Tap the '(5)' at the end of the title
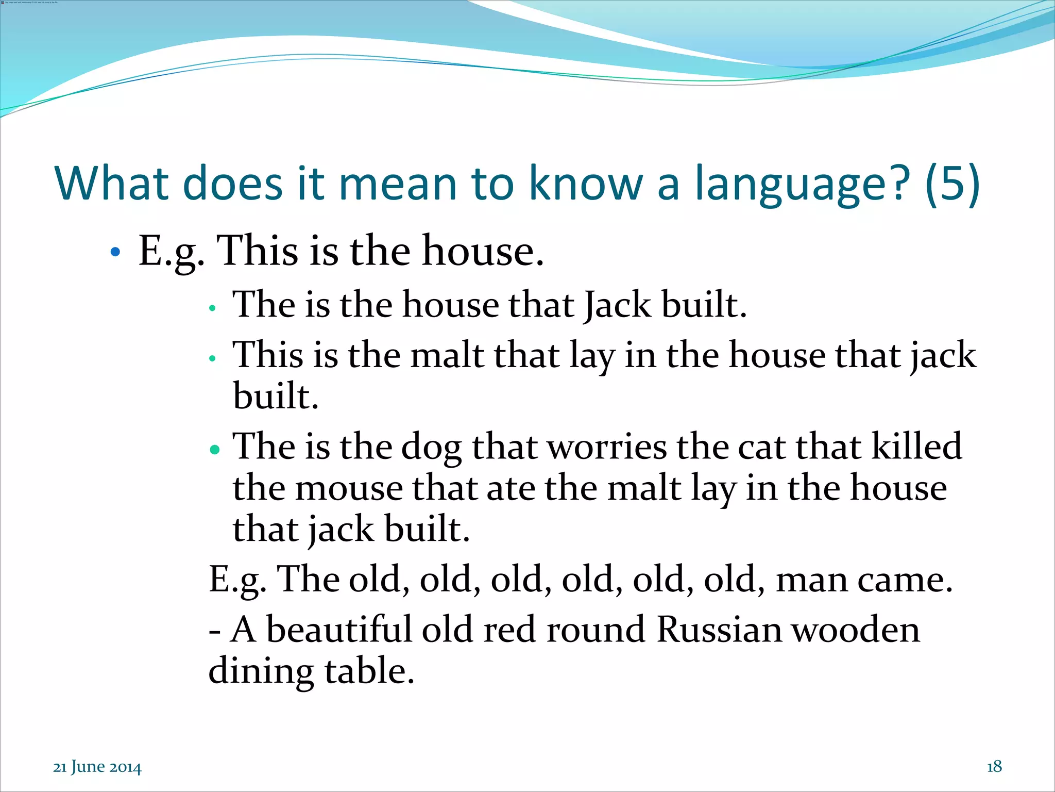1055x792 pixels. [952, 185]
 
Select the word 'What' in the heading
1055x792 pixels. [111, 184]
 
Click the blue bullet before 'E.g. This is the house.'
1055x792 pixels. [115, 252]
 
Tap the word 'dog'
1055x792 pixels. [431, 447]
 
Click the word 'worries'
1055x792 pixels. [606, 447]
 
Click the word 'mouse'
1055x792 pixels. [349, 489]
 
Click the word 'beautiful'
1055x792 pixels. [338, 630]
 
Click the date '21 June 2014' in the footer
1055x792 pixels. [97, 767]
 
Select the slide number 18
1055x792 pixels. [994, 767]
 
